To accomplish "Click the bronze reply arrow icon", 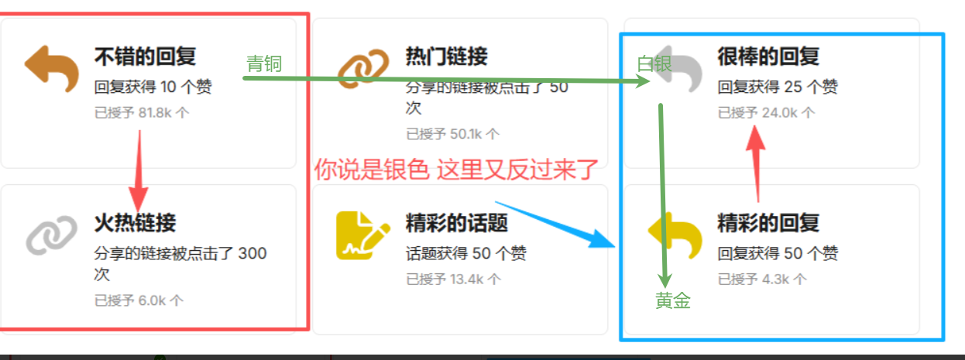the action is tap(52, 69).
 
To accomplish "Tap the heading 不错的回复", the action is tap(145, 57).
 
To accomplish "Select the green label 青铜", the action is tap(264, 64).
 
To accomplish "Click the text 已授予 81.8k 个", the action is tap(142, 113).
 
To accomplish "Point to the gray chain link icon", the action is tap(52, 235).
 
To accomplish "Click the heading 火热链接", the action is tap(136, 223).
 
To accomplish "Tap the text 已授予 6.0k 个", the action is tap(139, 300).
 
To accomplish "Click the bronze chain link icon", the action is tap(363, 69).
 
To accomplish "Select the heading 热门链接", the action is tap(447, 57).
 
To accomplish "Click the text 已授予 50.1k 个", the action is tap(453, 134).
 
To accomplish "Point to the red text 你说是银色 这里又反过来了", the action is tap(456, 170).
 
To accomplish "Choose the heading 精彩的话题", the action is tap(457, 223).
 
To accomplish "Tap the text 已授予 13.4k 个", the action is tap(454, 279).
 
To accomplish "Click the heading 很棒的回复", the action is tap(768, 57).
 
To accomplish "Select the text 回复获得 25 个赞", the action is tap(778, 87).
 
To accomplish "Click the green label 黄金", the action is tap(673, 300).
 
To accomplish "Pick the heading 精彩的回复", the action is tap(768, 223).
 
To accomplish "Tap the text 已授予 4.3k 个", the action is tap(762, 279).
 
